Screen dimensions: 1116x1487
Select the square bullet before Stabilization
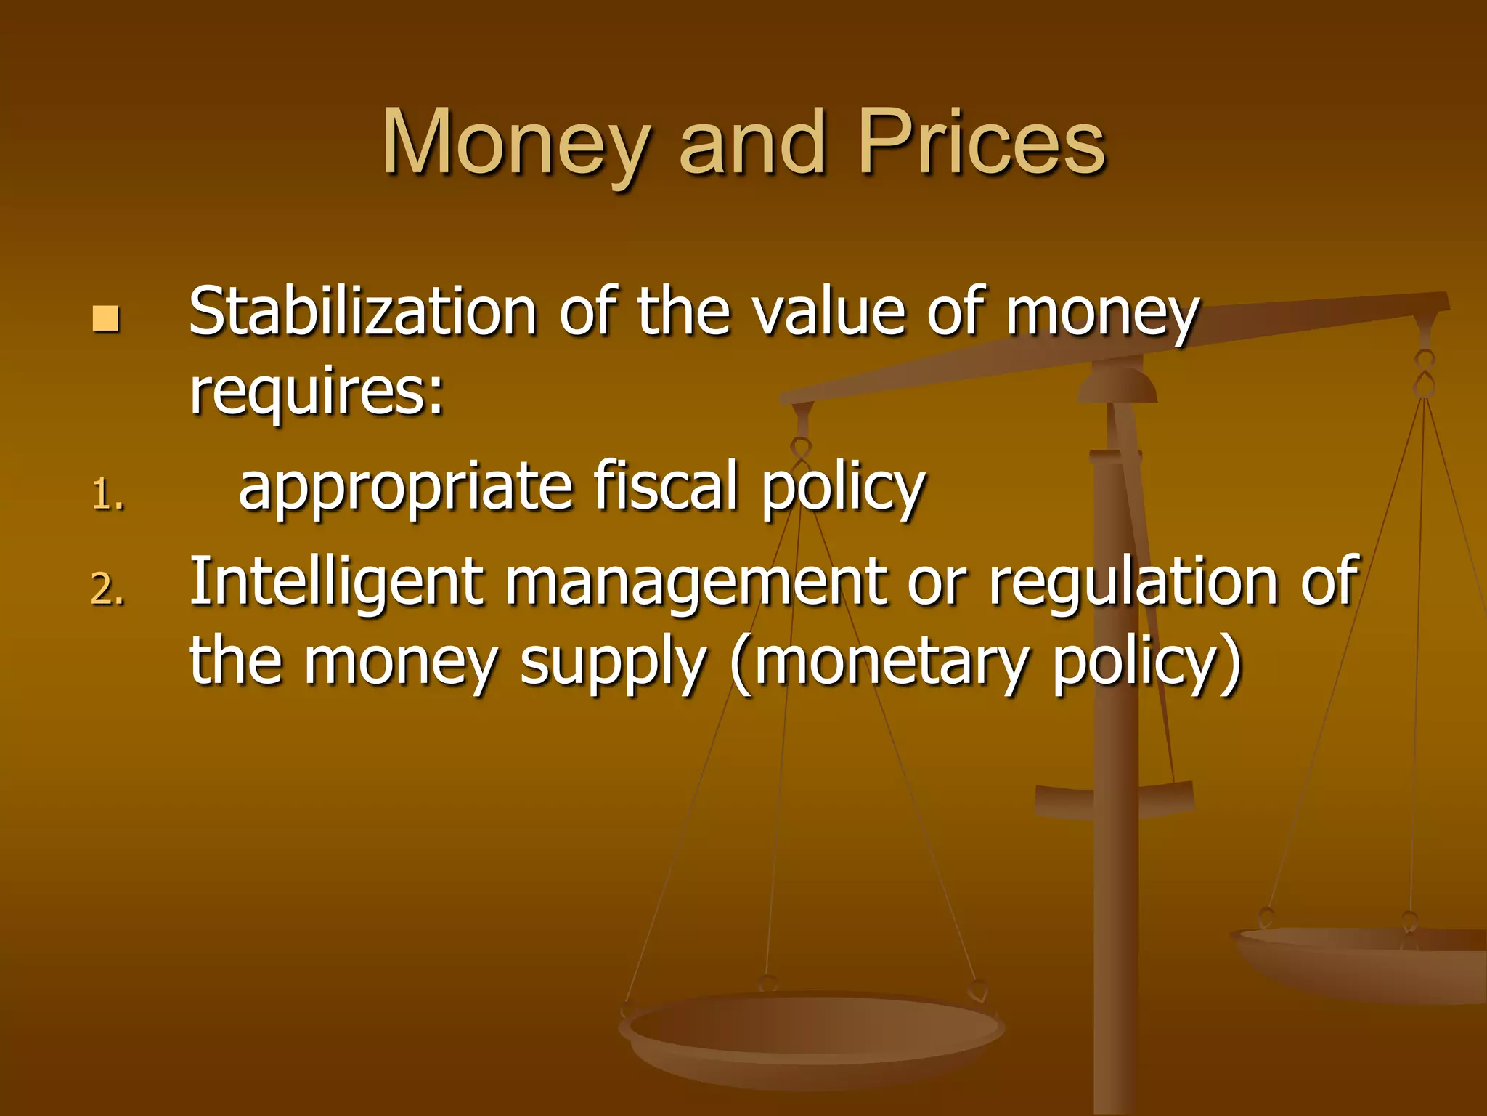[x=106, y=318]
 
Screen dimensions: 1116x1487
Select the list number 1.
[x=107, y=496]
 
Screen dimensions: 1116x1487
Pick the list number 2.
[x=107, y=589]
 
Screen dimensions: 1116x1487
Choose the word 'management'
[x=695, y=583]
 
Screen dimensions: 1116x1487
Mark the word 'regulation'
[x=1133, y=583]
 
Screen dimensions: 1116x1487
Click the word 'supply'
[x=613, y=663]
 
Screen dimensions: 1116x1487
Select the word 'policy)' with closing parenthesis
[x=1147, y=663]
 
